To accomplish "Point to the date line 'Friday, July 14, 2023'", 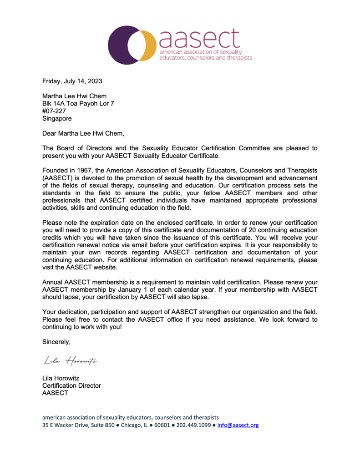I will (72, 81).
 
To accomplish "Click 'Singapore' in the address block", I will (57, 118).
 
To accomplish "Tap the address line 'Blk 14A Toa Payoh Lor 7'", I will (78, 104).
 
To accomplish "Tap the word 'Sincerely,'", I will (56, 341).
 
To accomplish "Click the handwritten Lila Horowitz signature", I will (70, 361).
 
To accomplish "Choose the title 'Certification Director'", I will (71, 385).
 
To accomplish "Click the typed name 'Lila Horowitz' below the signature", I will (61, 378).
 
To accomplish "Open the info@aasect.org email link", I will (238, 425).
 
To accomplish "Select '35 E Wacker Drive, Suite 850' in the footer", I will (78, 425).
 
